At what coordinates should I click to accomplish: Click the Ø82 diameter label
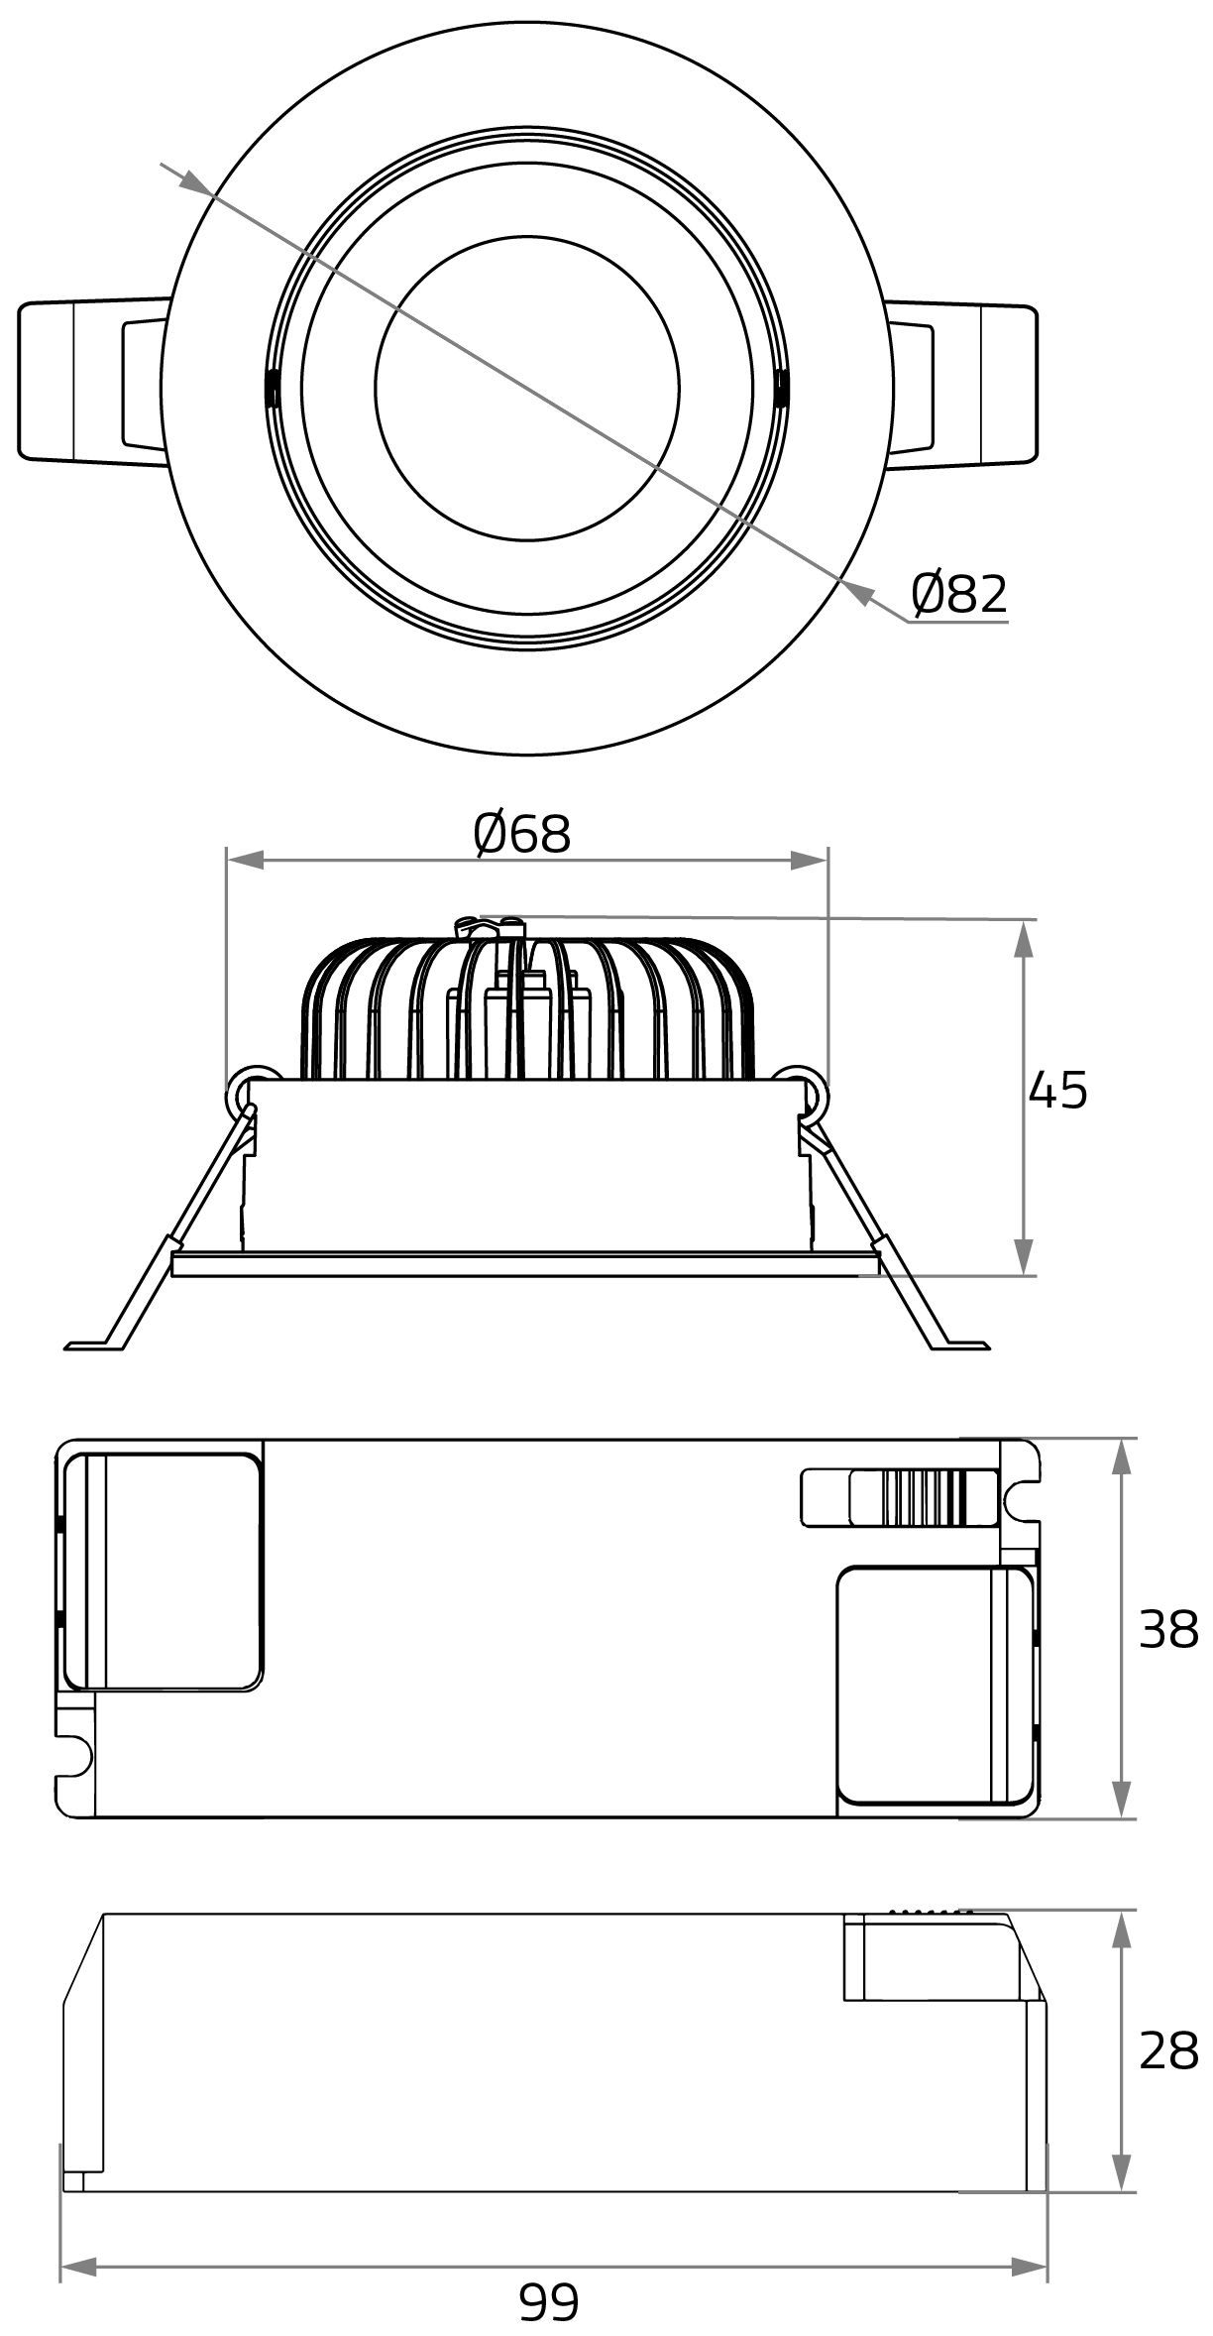958,593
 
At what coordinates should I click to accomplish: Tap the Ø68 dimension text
522,834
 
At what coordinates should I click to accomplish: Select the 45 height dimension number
1057,1091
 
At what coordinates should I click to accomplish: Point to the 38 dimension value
1168,1629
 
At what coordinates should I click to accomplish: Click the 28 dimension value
1168,2051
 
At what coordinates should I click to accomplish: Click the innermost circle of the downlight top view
527,389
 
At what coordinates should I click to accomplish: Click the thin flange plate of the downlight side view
525,1264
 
